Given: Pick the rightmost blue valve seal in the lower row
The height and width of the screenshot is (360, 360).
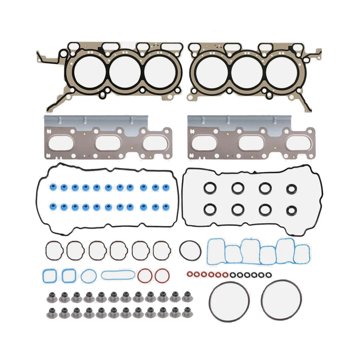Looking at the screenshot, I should tap(165, 206).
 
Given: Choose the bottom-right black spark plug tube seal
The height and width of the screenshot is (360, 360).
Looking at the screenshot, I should tap(291, 210).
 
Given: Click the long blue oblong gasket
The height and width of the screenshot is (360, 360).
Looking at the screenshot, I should tap(118, 275).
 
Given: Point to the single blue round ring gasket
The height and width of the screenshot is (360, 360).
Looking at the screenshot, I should tap(88, 276).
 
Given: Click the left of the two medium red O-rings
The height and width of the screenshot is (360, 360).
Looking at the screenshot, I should tap(144, 276).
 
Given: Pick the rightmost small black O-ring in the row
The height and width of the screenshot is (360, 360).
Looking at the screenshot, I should tap(267, 275).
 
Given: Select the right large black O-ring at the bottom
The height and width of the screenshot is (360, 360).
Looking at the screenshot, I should tap(281, 300).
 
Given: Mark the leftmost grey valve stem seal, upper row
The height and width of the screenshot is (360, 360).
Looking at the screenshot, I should tap(52, 297).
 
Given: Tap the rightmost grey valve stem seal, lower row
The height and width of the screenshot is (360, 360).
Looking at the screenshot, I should tap(186, 312).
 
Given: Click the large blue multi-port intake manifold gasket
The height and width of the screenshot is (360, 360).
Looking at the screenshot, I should tap(259, 251).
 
